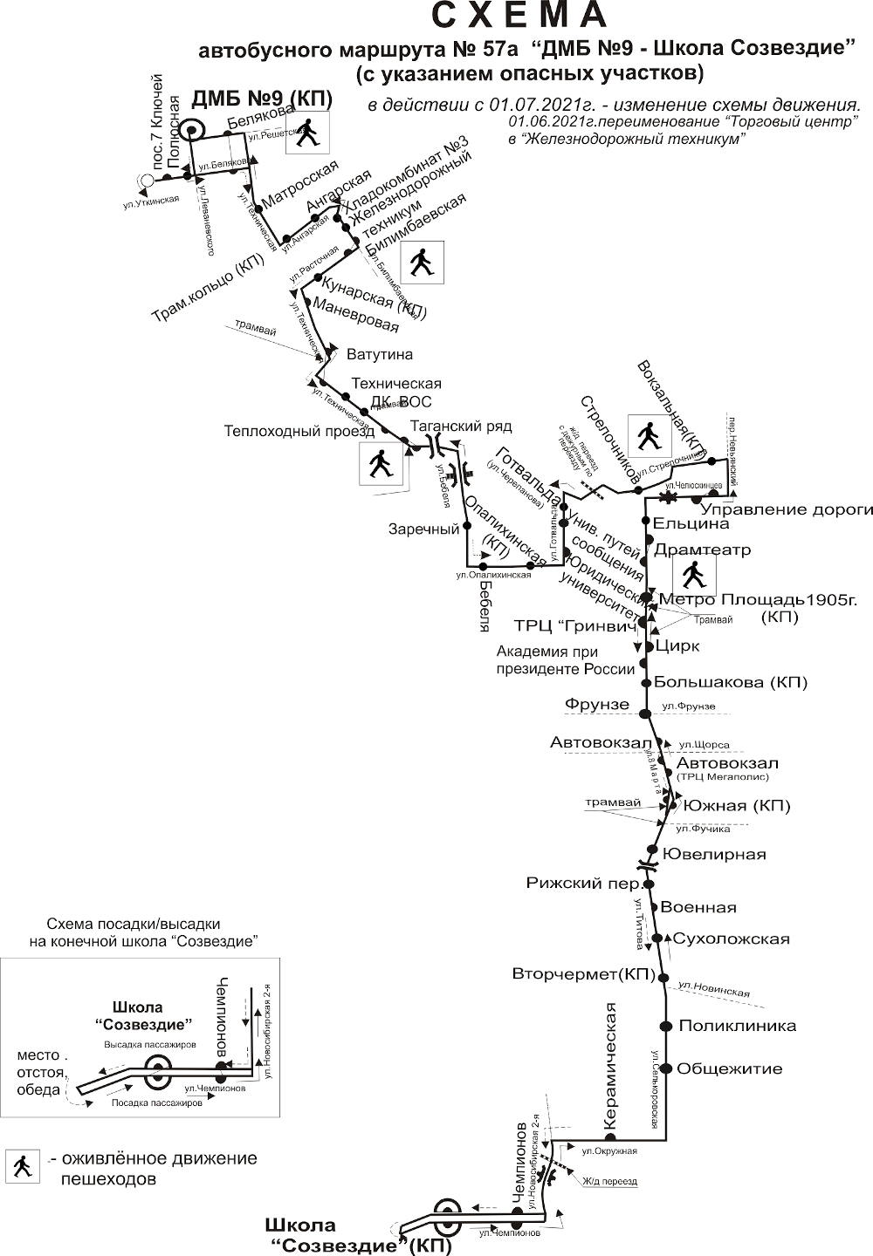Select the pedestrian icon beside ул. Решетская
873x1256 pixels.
[306, 133]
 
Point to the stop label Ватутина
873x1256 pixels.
[379, 355]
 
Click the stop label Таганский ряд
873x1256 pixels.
[461, 426]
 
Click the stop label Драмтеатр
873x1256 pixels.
[702, 550]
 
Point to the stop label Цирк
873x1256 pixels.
[672, 646]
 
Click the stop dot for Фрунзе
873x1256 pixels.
[645, 714]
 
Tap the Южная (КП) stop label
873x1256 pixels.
[737, 806]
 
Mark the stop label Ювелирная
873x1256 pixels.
[714, 854]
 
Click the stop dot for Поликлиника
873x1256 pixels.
[665, 1026]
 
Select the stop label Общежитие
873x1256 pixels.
[729, 1068]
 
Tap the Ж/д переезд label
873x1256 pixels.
[610, 1182]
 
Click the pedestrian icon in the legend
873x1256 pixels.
[21, 1165]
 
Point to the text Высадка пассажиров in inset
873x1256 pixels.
[150, 1044]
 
